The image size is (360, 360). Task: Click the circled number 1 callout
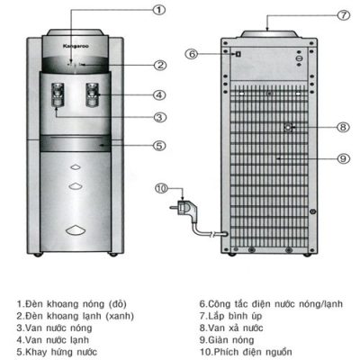click(x=159, y=10)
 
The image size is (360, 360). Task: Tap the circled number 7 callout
click(x=344, y=15)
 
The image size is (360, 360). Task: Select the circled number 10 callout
click(x=161, y=188)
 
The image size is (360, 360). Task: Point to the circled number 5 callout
click(x=159, y=146)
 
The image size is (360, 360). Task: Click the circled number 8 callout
click(x=343, y=127)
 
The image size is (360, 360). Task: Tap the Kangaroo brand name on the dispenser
click(x=76, y=46)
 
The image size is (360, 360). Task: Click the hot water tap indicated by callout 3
click(x=58, y=94)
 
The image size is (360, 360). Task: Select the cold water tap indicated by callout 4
click(x=93, y=94)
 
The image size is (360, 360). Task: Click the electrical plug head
click(x=184, y=208)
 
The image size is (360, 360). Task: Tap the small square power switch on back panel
click(x=238, y=54)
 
